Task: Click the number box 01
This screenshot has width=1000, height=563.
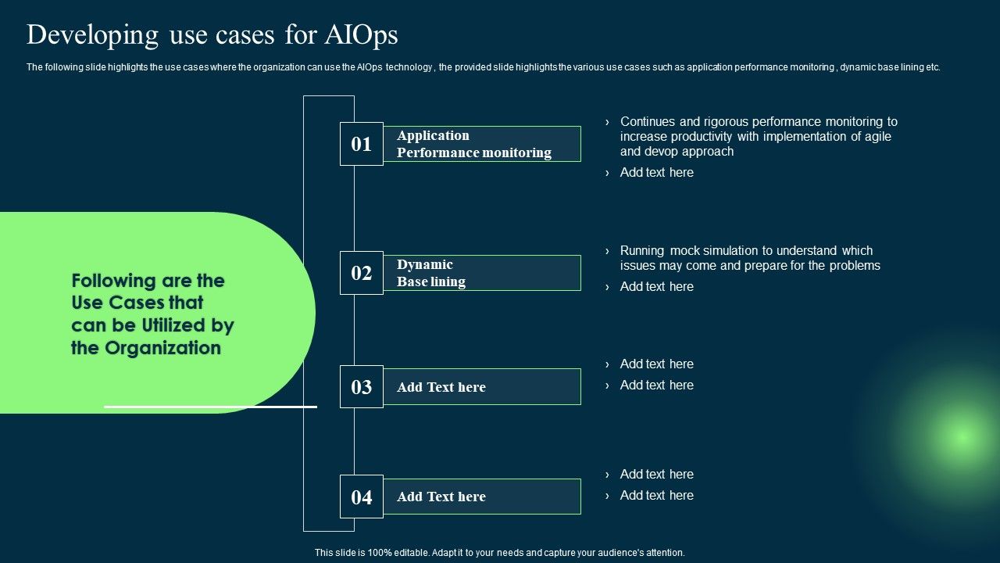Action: [361, 144]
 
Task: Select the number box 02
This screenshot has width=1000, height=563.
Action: [361, 273]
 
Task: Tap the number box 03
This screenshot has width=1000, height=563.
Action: [361, 387]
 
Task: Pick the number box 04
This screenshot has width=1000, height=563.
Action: [361, 497]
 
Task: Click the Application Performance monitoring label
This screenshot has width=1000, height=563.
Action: [473, 144]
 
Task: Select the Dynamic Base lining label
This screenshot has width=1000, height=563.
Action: [431, 273]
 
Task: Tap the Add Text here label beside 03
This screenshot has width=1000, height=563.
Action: [441, 387]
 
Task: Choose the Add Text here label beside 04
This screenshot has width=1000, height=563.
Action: [441, 497]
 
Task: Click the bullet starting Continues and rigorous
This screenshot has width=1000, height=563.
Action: [758, 136]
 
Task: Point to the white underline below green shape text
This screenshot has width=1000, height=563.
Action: [210, 407]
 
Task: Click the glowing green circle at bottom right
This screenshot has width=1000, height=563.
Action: [961, 436]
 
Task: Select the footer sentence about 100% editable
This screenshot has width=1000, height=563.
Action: [499, 552]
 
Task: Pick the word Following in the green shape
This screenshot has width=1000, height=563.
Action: [114, 281]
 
